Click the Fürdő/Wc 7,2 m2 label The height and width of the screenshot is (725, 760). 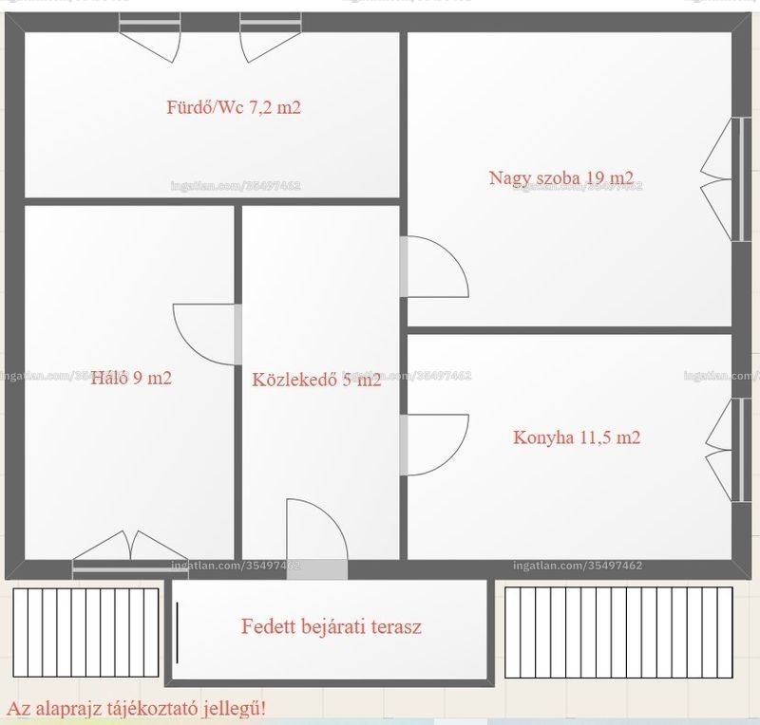pyautogui.click(x=234, y=107)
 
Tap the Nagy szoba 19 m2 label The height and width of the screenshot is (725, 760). pyautogui.click(x=561, y=177)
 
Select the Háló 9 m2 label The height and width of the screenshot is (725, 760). pyautogui.click(x=131, y=378)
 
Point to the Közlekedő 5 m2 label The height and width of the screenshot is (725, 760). pyautogui.click(x=316, y=380)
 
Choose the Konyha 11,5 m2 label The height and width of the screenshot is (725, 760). pyautogui.click(x=577, y=437)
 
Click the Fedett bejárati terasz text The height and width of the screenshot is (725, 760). pyautogui.click(x=332, y=626)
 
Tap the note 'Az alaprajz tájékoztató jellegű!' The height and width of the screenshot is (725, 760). pyautogui.click(x=137, y=709)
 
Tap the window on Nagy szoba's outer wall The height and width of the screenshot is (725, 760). pyautogui.click(x=731, y=179)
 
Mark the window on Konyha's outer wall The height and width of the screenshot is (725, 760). pyautogui.click(x=731, y=451)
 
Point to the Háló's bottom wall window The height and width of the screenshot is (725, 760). pyautogui.click(x=130, y=555)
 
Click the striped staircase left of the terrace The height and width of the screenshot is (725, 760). pyautogui.click(x=85, y=633)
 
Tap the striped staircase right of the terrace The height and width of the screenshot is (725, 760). pyautogui.click(x=619, y=633)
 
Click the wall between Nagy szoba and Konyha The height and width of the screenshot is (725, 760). pyautogui.click(x=569, y=331)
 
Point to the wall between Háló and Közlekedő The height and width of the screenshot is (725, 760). pyautogui.click(x=238, y=382)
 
